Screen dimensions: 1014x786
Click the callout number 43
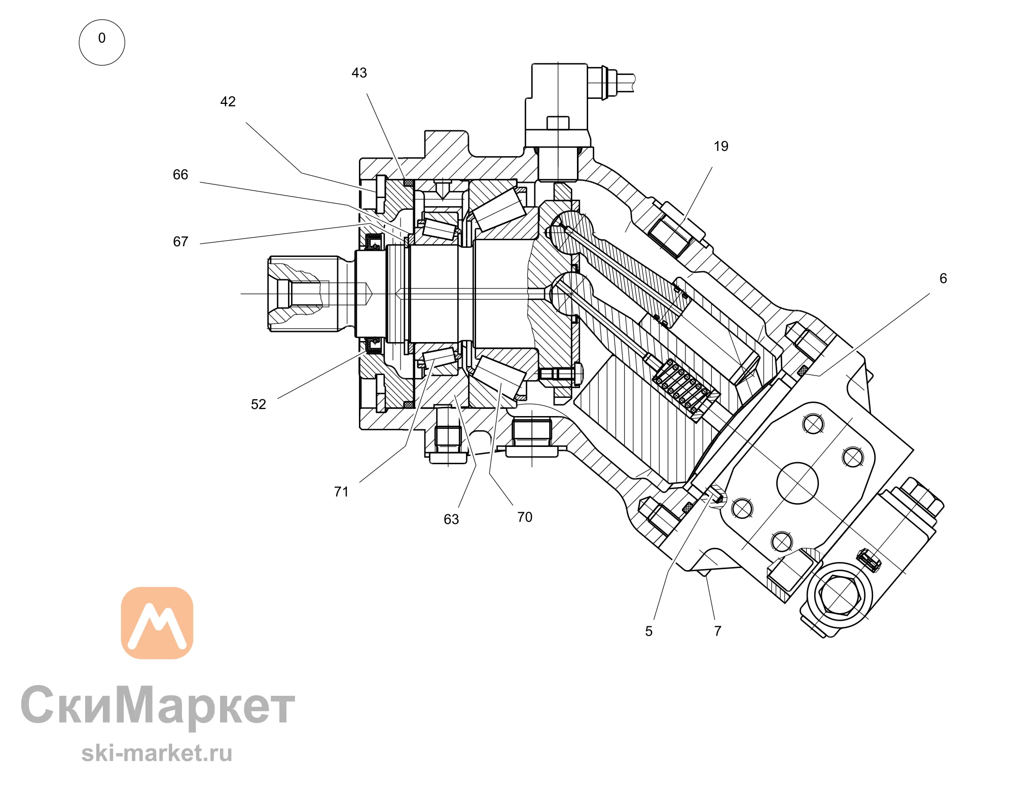[359, 73]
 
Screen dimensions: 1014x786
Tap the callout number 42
[228, 102]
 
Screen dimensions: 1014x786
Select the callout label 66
[180, 175]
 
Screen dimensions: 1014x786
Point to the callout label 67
[180, 242]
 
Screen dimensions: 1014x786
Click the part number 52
[259, 404]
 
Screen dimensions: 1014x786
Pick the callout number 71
[341, 492]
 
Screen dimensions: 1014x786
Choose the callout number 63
[451, 519]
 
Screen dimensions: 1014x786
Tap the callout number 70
[525, 517]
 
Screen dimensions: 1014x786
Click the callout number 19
[721, 146]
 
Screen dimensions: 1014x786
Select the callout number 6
[943, 279]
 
